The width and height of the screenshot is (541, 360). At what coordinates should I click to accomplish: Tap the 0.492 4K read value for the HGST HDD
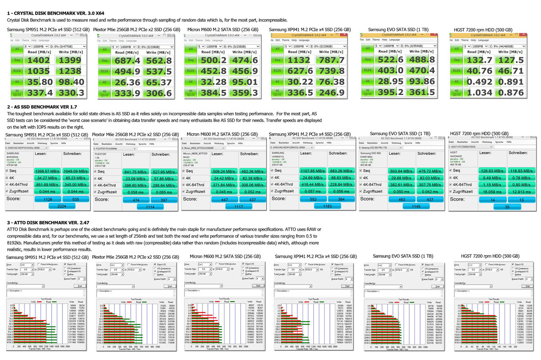[x=480, y=82]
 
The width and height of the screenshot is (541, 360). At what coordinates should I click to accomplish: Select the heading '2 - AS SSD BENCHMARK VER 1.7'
[x=42, y=107]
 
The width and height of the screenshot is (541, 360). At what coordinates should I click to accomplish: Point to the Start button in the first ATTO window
[x=80, y=286]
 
